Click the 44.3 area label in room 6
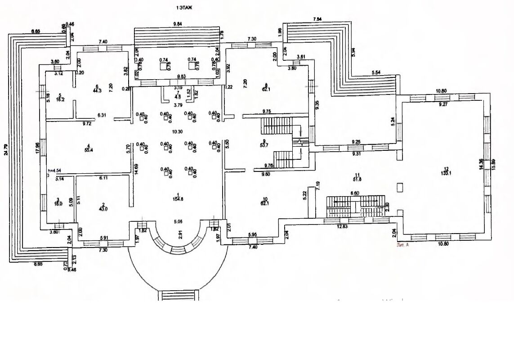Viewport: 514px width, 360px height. pos(96,91)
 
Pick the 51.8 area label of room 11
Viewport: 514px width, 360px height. pos(358,180)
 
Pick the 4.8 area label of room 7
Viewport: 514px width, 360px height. pos(177,96)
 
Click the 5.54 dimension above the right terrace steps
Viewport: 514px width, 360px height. pos(376,72)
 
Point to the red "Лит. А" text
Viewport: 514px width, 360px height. pos(402,246)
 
